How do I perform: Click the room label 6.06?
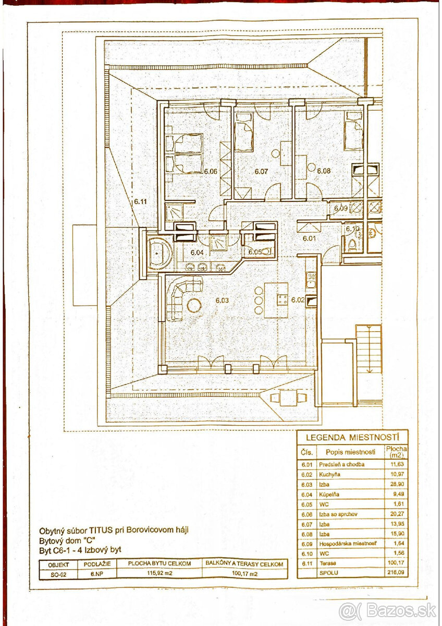(210, 171)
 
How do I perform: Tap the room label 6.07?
(260, 171)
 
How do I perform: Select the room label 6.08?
(324, 171)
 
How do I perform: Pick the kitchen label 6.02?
(298, 300)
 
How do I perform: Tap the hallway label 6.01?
(310, 239)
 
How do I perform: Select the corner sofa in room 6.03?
(180, 297)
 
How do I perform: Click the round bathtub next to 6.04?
(156, 252)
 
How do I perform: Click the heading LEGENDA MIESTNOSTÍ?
(352, 438)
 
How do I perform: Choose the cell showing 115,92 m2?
(159, 573)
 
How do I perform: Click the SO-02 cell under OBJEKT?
(58, 573)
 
